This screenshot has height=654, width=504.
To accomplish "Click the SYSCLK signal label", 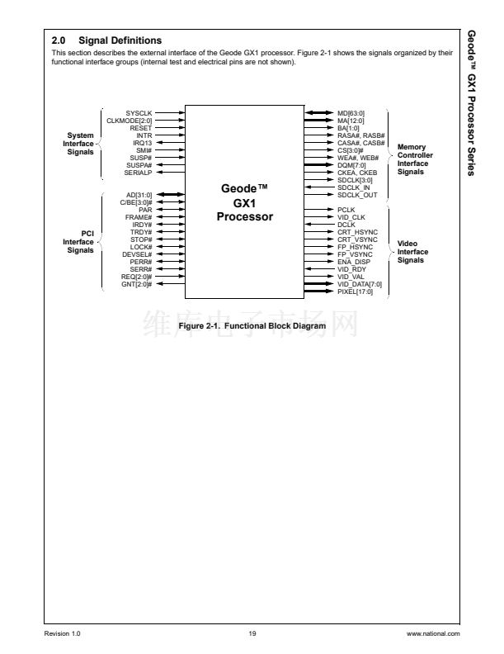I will click(139, 112).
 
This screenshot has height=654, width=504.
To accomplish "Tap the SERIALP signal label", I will click(137, 172).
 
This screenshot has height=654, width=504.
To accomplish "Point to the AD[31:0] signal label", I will click(137, 194).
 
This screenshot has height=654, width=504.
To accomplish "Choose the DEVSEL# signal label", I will click(136, 254).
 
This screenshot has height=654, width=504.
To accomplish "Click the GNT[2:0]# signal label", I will click(136, 283).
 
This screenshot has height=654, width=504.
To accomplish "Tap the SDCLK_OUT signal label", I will click(357, 194).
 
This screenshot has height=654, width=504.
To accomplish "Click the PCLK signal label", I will click(346, 210).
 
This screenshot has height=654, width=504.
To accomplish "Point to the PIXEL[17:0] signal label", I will click(354, 291).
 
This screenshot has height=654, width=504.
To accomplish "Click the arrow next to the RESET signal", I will click(170, 127).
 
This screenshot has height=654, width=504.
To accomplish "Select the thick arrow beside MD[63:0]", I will click(318, 112).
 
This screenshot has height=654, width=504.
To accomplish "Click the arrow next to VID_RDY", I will click(318, 268).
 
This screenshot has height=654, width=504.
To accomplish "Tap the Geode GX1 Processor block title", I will click(244, 202).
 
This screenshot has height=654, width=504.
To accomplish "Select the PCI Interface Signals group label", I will click(78, 242).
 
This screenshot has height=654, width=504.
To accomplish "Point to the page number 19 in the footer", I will click(252, 633).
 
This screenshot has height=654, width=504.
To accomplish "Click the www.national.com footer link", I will click(433, 633).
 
